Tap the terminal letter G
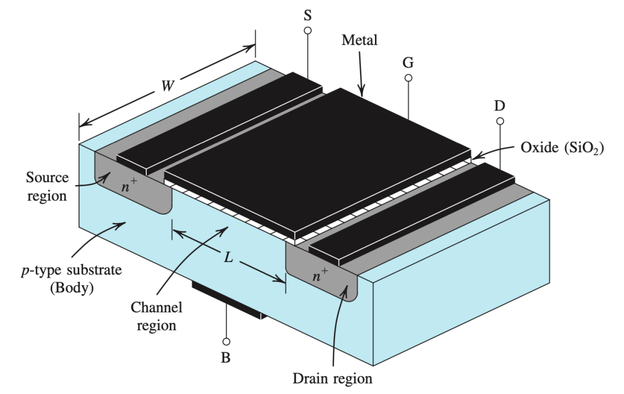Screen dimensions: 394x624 [408, 62]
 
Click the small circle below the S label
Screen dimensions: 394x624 [307, 30]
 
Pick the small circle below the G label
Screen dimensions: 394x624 [408, 78]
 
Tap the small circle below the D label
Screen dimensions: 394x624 [500, 121]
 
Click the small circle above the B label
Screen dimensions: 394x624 [226, 342]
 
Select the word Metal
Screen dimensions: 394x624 [359, 40]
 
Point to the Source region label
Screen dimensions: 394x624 [46, 186]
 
